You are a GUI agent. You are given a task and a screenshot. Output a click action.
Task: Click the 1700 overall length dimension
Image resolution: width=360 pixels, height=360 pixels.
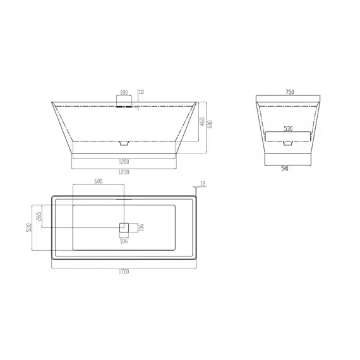[124, 272]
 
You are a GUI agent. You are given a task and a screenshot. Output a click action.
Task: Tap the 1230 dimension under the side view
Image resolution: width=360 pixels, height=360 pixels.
[124, 172]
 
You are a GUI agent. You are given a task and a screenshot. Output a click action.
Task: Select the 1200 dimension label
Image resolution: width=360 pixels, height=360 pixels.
[124, 162]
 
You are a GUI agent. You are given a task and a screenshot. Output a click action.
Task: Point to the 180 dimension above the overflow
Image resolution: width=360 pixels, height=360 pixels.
[124, 92]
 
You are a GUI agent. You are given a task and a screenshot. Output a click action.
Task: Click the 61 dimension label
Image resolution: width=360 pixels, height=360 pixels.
[142, 92]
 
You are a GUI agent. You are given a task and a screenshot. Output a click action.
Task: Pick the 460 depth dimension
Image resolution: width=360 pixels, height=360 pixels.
[202, 121]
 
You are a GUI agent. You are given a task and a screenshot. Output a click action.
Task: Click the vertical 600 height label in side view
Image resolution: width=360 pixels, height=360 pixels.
[210, 124]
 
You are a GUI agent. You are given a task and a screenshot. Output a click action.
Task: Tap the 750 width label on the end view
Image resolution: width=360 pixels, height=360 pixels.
[290, 92]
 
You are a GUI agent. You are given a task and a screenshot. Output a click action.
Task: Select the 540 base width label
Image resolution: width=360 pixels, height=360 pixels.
[285, 169]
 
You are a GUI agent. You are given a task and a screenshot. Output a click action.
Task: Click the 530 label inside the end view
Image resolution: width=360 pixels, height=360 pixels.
[288, 129]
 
